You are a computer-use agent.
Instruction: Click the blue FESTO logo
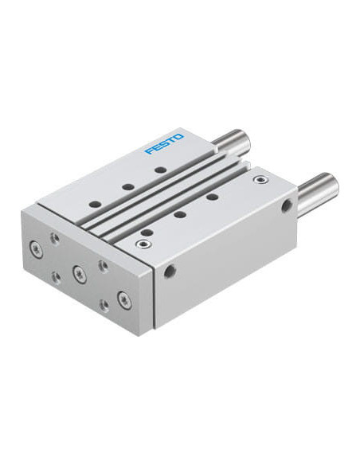[x=164, y=144]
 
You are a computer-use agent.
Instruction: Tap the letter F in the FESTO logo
[x=149, y=151]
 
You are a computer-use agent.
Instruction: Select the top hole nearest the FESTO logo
[x=160, y=170]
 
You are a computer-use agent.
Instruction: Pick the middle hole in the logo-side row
[x=128, y=187]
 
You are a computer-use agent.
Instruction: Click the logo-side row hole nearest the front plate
[x=96, y=205]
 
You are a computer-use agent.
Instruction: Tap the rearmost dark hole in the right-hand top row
[x=212, y=197]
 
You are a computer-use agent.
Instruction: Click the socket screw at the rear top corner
[x=261, y=179]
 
